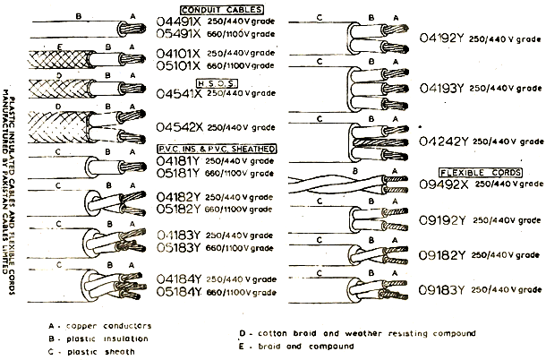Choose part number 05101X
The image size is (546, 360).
pos(182,65)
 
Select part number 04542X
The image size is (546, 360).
pos(182,127)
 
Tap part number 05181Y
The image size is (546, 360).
pos(182,173)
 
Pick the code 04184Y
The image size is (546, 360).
pos(182,279)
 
